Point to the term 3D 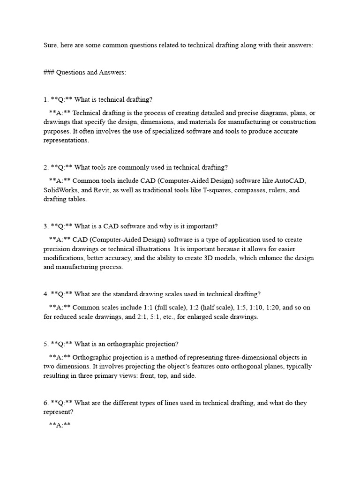[209, 258]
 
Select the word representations [66, 140]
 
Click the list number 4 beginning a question [45, 294]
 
